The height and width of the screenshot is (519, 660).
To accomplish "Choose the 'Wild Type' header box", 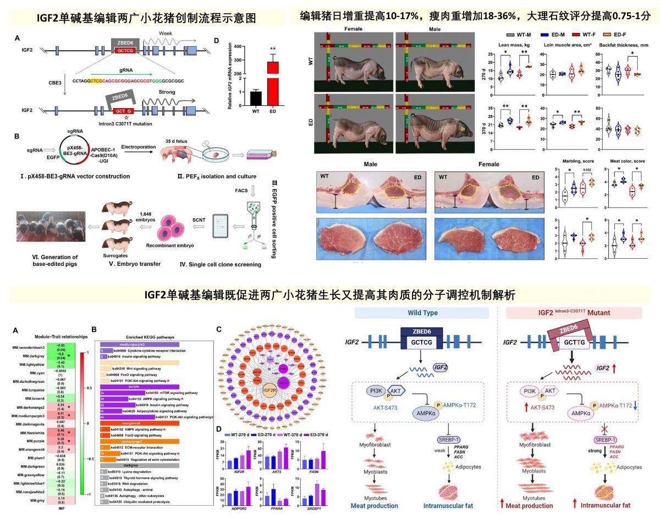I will (x=422, y=312).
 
